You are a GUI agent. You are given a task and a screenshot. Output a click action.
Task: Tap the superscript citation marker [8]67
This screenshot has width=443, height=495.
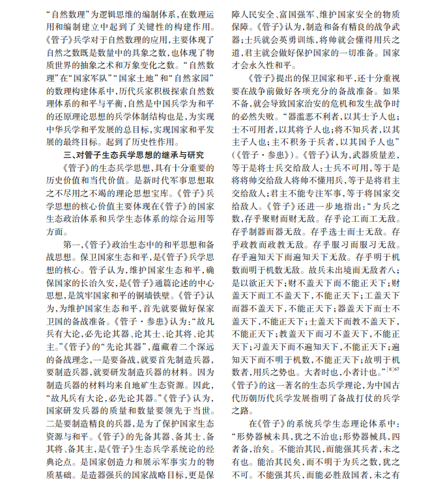pos(393,368)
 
